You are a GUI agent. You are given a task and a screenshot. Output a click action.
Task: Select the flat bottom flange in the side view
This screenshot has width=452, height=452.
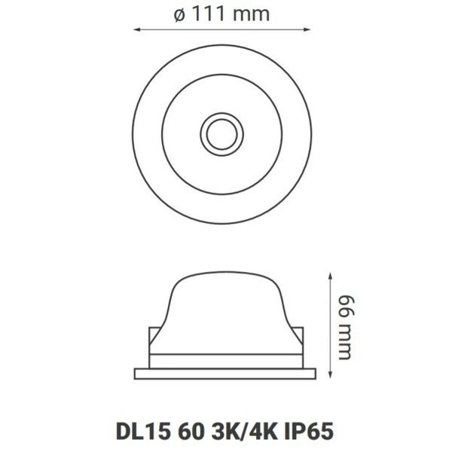pyautogui.click(x=225, y=373)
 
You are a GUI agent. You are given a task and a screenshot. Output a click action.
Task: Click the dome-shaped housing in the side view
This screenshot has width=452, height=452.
pyautogui.click(x=225, y=309)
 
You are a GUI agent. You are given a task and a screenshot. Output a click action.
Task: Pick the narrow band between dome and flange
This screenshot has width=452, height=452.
pyautogui.click(x=225, y=360)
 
